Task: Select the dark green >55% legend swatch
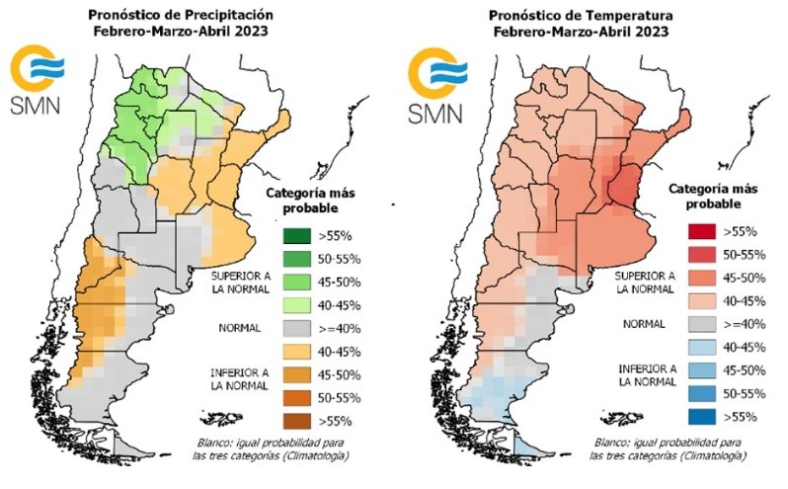click(x=292, y=235)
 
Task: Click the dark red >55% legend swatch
click(x=699, y=232)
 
